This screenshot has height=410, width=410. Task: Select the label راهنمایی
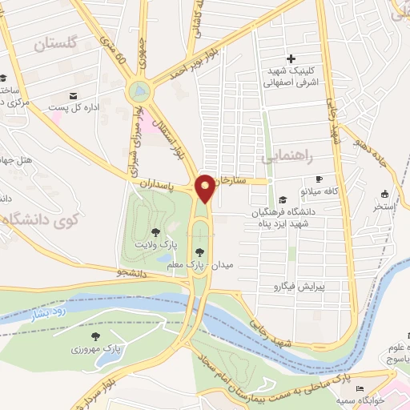(x=285, y=158)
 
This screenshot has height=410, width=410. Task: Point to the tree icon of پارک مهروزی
(x=96, y=337)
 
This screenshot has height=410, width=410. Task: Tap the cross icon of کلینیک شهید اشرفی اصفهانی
(x=291, y=58)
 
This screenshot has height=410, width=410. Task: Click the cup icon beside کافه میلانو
(x=320, y=179)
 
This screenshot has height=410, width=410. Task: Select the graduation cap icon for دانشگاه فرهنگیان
(x=281, y=199)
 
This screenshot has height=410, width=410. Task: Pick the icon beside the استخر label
(x=384, y=193)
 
